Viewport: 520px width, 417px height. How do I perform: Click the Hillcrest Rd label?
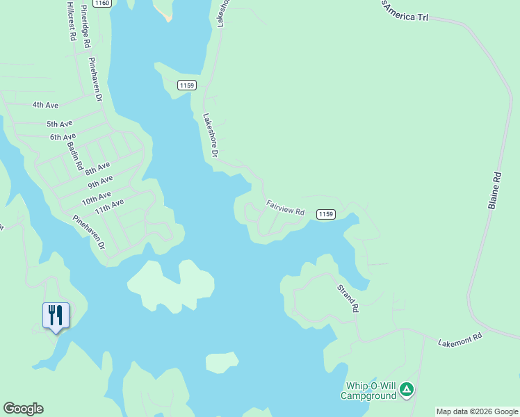pos(71,21)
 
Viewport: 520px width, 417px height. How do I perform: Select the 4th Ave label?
pos(45,105)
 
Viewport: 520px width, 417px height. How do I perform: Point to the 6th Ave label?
pos(63,137)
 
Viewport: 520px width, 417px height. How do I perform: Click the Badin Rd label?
pos(75,158)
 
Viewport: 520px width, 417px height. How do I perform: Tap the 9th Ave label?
pos(101,182)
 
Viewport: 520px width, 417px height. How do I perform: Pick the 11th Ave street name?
pos(109,206)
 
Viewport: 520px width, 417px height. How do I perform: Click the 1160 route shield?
pos(102,3)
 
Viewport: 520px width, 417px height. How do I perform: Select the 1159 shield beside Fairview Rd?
pos(326,214)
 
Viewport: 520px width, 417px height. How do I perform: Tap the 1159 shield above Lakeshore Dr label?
pos(186,85)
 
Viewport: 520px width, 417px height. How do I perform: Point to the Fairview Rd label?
pos(286,208)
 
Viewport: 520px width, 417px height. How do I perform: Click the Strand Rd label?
pos(348,297)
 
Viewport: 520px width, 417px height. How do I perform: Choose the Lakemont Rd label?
pos(460,340)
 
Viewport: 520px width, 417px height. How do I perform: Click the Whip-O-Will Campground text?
pos(368,391)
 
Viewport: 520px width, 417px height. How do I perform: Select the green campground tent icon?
pos(407,391)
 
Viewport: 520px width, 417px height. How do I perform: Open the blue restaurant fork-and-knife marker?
pos(56,316)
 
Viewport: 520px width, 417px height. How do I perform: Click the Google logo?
pos(23,409)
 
